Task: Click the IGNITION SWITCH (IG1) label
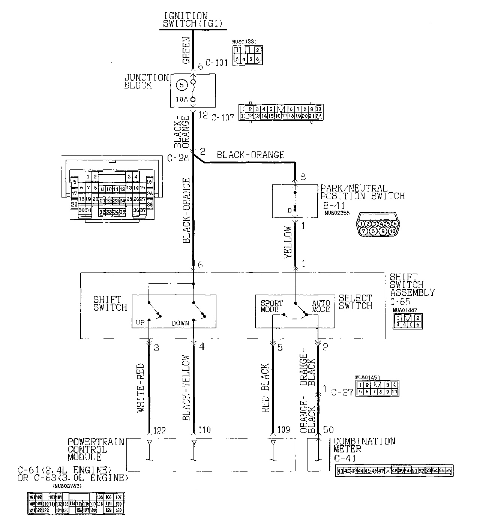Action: point(192,19)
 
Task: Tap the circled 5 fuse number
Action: point(181,85)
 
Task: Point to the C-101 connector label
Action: point(216,63)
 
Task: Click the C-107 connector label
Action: point(223,117)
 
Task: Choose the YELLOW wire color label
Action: point(288,242)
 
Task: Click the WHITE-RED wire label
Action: point(141,388)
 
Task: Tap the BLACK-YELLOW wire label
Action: point(186,388)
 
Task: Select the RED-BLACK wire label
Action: point(265,388)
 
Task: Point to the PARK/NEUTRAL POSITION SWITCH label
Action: point(362,192)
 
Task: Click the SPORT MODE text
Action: point(271,306)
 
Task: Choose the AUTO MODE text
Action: point(321,306)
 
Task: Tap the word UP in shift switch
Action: point(140,323)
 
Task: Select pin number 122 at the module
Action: point(159,430)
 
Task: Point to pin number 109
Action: point(283,430)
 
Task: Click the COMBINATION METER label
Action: point(364,445)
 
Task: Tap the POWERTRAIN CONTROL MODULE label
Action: point(96,449)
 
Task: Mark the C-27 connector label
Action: point(342,392)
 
